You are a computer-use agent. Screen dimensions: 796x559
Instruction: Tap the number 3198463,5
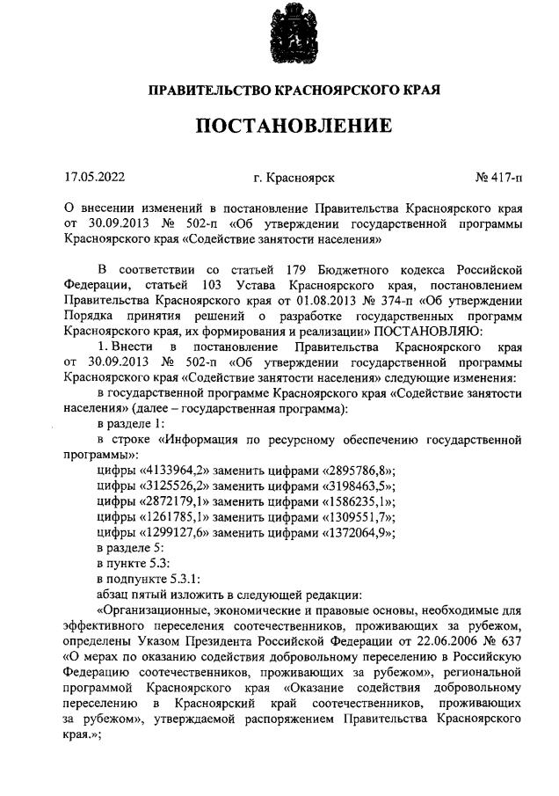[358, 486]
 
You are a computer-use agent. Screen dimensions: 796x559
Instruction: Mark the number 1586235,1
[358, 502]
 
